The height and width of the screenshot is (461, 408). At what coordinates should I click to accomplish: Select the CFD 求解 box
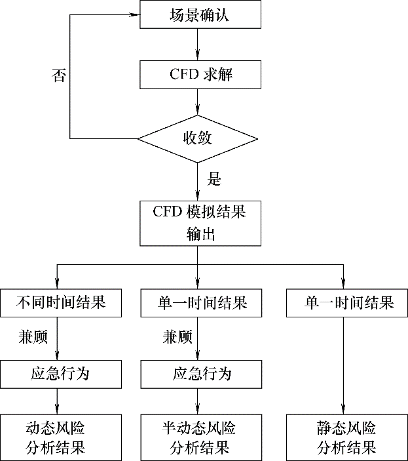(x=196, y=75)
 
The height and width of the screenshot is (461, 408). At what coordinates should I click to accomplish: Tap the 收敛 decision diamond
(x=197, y=138)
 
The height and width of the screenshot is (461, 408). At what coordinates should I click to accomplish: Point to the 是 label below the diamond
(x=213, y=178)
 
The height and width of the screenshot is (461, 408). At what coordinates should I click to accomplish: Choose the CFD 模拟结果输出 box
(x=197, y=223)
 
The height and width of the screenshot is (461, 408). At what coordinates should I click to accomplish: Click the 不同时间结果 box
(x=60, y=303)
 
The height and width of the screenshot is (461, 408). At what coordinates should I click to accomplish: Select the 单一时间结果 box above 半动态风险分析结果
(x=196, y=303)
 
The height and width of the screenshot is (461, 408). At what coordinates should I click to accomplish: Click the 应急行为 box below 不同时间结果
(x=60, y=374)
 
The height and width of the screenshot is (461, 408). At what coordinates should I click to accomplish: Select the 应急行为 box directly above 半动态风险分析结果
(x=196, y=374)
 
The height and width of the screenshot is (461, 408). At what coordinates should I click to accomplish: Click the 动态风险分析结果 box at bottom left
(x=60, y=437)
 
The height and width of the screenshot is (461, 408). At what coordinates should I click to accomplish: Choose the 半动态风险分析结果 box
(x=196, y=437)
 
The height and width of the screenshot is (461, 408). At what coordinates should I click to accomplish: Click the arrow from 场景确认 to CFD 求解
(x=197, y=45)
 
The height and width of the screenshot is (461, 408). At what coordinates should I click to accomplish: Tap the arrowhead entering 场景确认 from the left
(x=135, y=14)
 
